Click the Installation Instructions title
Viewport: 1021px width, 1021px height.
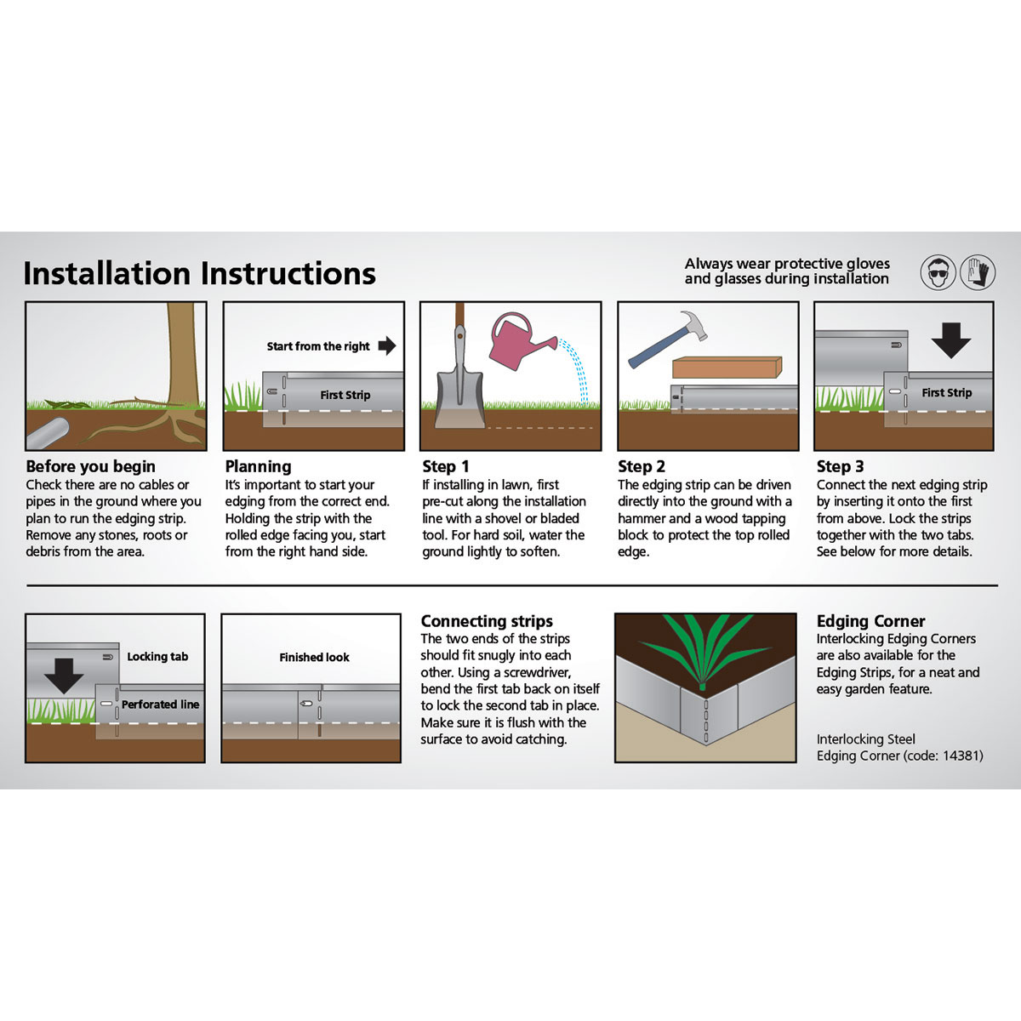pyautogui.click(x=199, y=274)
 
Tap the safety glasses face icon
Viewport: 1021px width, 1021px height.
pyautogui.click(x=938, y=273)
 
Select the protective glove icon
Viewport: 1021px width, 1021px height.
pyautogui.click(x=978, y=273)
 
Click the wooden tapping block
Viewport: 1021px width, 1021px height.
pyautogui.click(x=727, y=368)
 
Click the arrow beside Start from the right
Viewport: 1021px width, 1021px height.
pyautogui.click(x=387, y=345)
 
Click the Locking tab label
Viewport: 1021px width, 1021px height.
pyautogui.click(x=157, y=657)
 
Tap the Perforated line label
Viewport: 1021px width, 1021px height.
pyautogui.click(x=160, y=704)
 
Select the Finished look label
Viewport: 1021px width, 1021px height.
pyautogui.click(x=314, y=658)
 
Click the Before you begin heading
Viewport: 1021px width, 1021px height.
pyautogui.click(x=90, y=466)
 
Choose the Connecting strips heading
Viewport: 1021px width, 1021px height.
pyautogui.click(x=487, y=621)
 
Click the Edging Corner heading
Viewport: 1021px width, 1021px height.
pyautogui.click(x=870, y=621)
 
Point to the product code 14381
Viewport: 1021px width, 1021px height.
pyautogui.click(x=962, y=756)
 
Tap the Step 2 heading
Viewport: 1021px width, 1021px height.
pyautogui.click(x=642, y=466)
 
